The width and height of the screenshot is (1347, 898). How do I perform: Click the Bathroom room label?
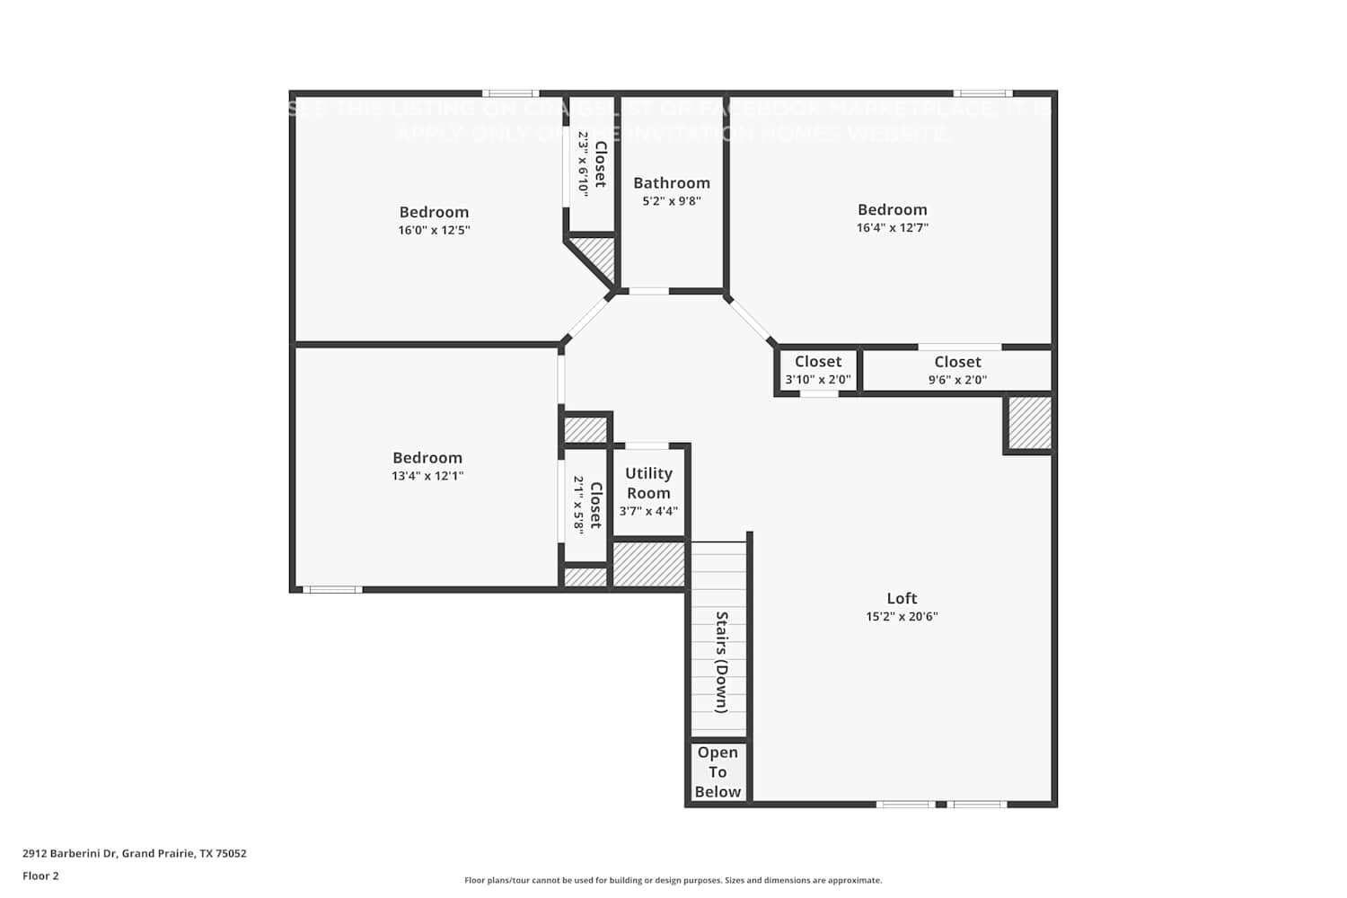(671, 183)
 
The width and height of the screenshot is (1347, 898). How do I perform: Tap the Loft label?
(902, 598)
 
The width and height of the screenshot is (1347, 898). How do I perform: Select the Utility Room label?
(648, 483)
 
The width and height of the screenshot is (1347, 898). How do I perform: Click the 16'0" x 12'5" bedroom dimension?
(434, 230)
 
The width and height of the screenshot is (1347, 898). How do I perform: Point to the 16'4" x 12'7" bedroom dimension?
(892, 228)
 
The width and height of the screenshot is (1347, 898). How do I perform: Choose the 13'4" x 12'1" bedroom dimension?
(427, 476)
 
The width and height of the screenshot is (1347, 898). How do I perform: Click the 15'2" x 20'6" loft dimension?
(902, 617)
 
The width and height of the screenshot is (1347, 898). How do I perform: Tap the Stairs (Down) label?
(720, 662)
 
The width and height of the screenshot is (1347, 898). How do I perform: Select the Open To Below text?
(718, 772)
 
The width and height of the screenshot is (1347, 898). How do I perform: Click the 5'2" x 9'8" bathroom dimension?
(671, 201)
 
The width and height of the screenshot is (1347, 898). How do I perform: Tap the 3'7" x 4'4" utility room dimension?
(648, 511)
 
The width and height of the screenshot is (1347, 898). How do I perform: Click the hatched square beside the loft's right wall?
(1029, 423)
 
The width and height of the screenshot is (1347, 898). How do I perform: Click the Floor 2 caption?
(40, 876)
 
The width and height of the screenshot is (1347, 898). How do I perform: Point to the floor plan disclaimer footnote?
(673, 880)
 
